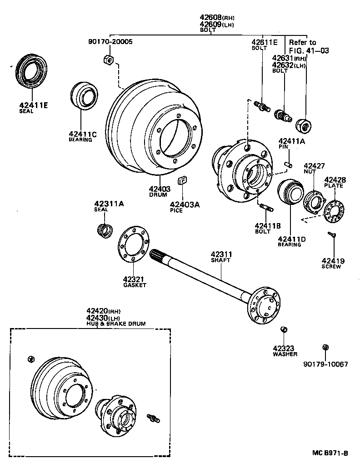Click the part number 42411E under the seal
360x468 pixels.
(x=33, y=105)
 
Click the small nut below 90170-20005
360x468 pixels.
(x=108, y=59)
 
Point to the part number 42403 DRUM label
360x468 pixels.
(x=159, y=189)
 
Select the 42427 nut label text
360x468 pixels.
(x=314, y=169)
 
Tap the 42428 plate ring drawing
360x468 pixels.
(x=334, y=212)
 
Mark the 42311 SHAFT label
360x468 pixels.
(x=221, y=257)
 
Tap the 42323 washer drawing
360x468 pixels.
(x=284, y=329)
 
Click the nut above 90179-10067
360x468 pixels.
(x=325, y=348)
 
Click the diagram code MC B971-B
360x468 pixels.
(x=330, y=453)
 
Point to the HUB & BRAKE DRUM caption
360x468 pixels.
(x=116, y=324)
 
